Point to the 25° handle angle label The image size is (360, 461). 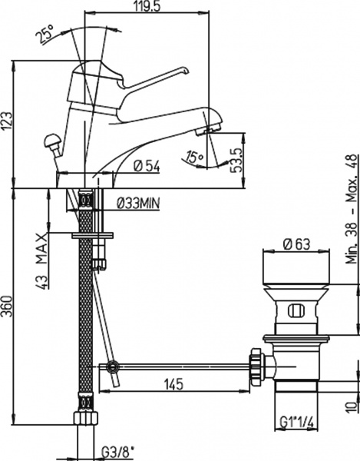[x=46, y=35]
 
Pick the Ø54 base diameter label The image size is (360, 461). [x=147, y=167]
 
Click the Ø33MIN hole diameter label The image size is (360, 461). [x=138, y=203]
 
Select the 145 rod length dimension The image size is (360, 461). [x=173, y=383]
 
